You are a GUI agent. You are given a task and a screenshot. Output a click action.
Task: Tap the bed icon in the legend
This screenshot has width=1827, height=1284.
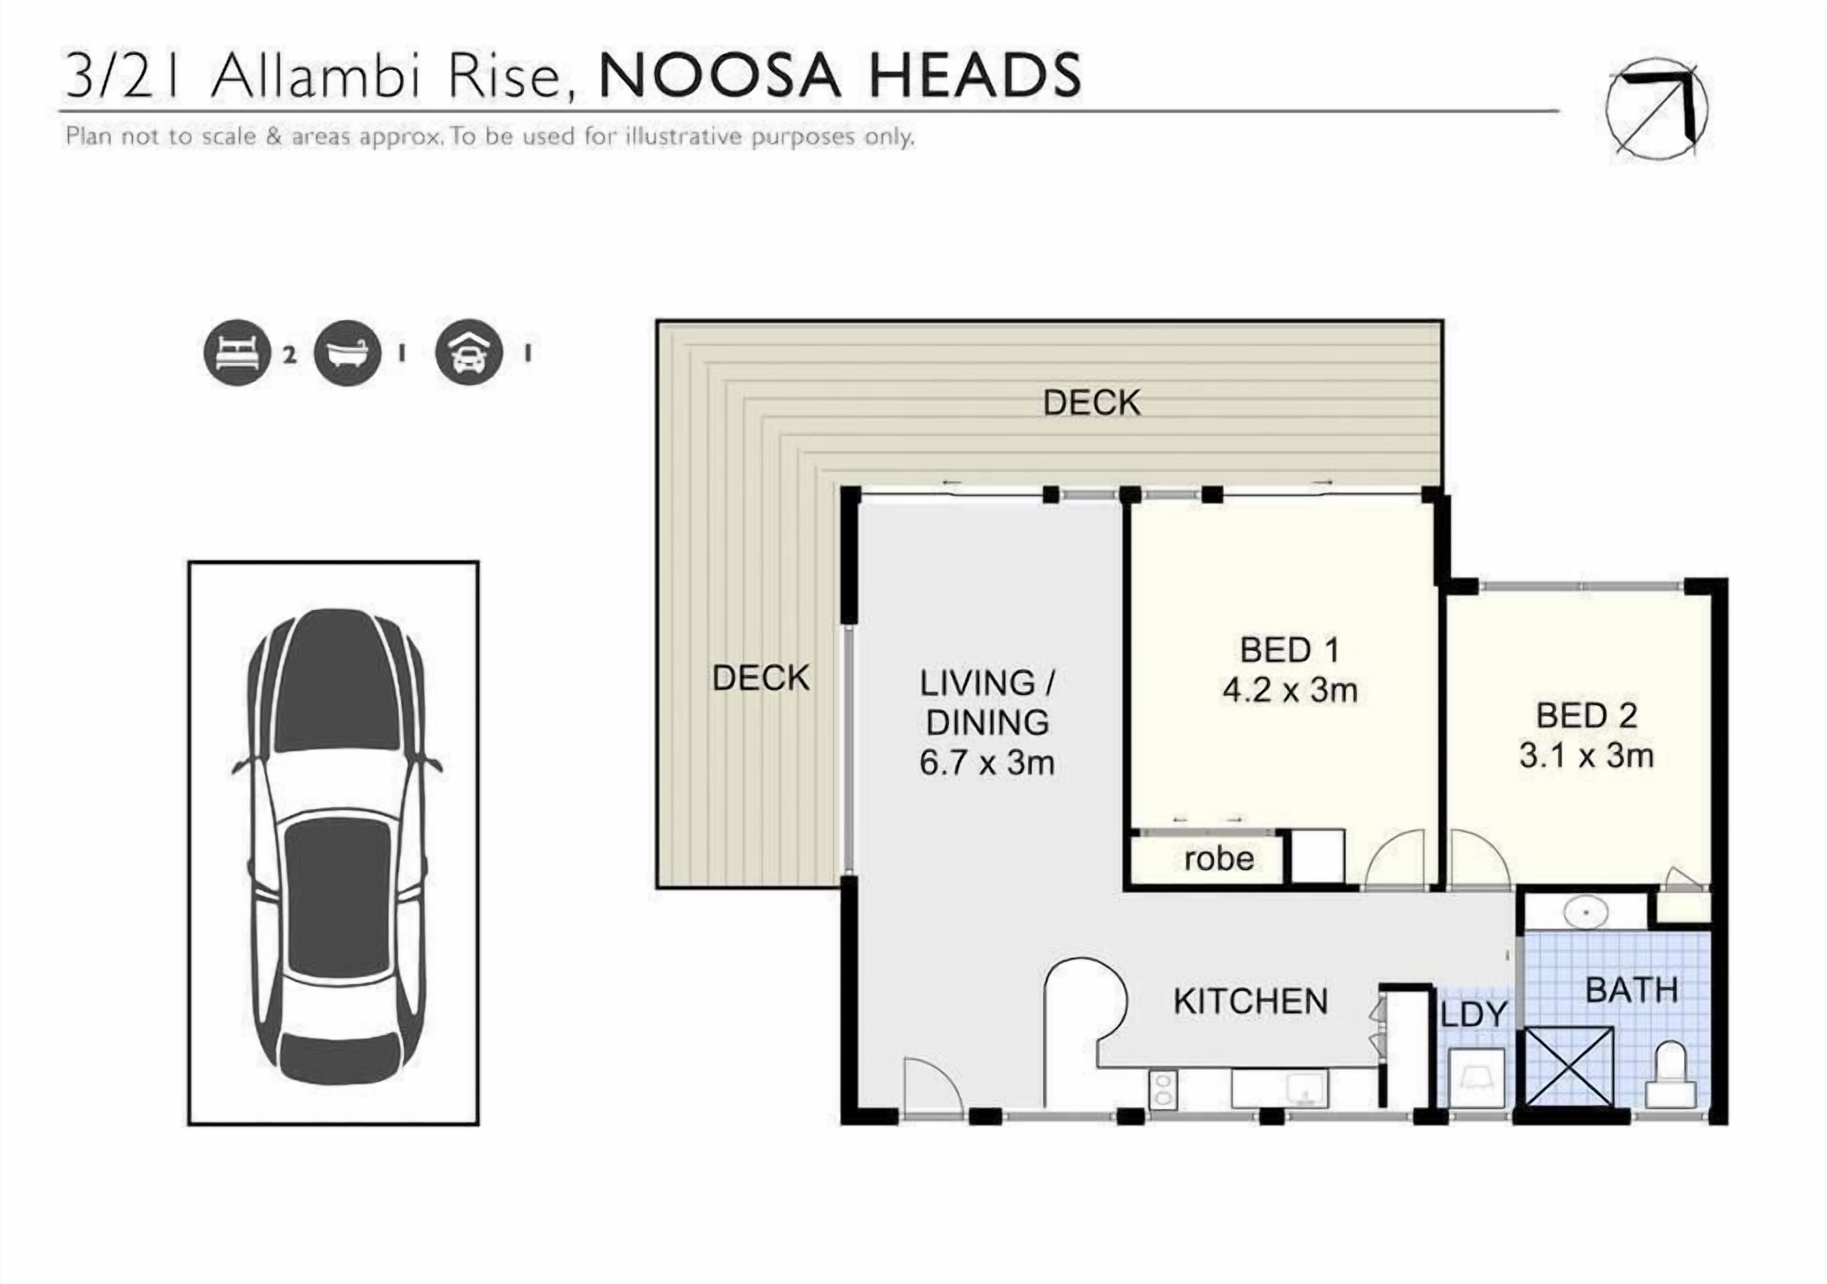coord(237,352)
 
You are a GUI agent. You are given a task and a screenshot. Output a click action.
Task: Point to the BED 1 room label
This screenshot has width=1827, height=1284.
coord(1289,650)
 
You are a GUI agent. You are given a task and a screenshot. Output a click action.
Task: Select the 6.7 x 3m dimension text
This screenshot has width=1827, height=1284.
coord(987,763)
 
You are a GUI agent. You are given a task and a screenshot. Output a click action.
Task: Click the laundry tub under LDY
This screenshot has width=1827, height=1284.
coord(1476,1078)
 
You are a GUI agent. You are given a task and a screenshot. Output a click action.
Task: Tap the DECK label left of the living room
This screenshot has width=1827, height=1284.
coord(761,678)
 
